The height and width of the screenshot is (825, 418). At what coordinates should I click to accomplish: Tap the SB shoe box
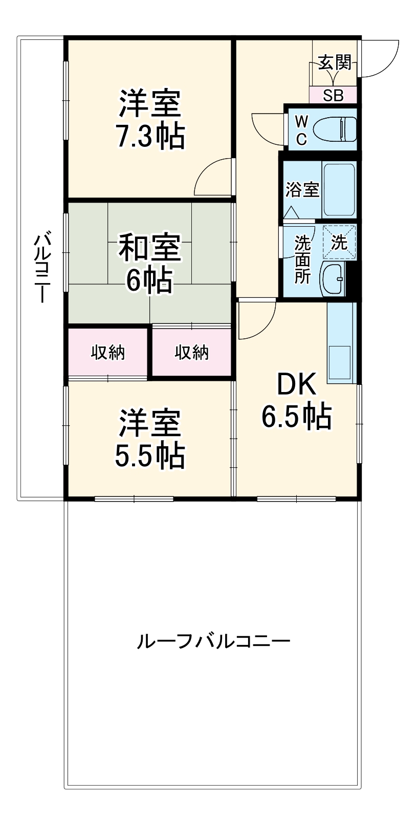pyautogui.click(x=333, y=95)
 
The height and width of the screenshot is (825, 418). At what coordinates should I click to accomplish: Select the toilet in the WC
pyautogui.click(x=335, y=129)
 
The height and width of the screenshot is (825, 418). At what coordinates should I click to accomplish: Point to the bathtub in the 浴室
pyautogui.click(x=339, y=189)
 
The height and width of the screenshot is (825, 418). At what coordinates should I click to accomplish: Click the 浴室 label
pyautogui.click(x=302, y=189)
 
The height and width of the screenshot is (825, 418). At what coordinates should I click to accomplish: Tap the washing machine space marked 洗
pyautogui.click(x=340, y=242)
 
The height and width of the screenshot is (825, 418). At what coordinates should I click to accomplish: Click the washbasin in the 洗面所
pyautogui.click(x=333, y=279)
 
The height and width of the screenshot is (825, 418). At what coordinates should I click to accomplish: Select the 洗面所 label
pyautogui.click(x=302, y=259)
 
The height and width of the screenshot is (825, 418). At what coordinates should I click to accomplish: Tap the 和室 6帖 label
pyautogui.click(x=149, y=263)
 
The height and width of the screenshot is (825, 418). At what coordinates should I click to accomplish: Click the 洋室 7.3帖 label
pyautogui.click(x=149, y=119)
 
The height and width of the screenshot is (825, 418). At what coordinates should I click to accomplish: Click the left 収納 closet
pyautogui.click(x=108, y=352)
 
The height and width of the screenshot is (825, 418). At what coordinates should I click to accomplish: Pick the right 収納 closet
pyautogui.click(x=192, y=352)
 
